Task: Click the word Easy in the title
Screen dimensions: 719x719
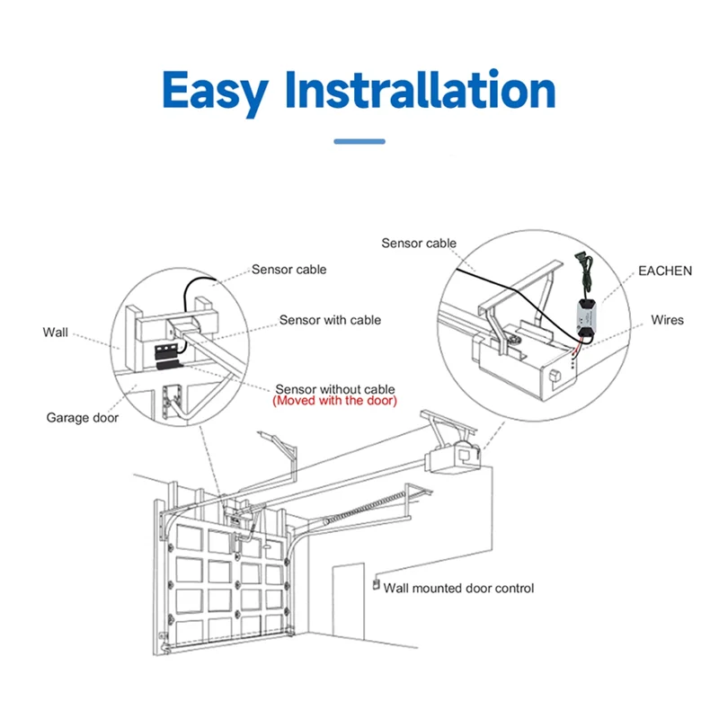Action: coord(216,90)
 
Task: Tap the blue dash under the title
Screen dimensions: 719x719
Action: coord(359,140)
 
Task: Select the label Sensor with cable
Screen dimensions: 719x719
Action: coord(330,320)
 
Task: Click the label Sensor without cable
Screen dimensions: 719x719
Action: coord(334,388)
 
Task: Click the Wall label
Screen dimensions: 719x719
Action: coord(55,333)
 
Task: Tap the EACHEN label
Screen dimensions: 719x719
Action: coord(665,271)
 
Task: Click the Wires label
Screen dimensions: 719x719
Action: coord(668,320)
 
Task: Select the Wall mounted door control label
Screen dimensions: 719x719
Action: coord(458,589)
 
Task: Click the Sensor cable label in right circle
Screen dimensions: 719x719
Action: coord(419,243)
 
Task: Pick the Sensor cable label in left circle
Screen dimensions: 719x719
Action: coord(288,270)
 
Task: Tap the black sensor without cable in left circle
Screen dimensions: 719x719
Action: coord(165,364)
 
